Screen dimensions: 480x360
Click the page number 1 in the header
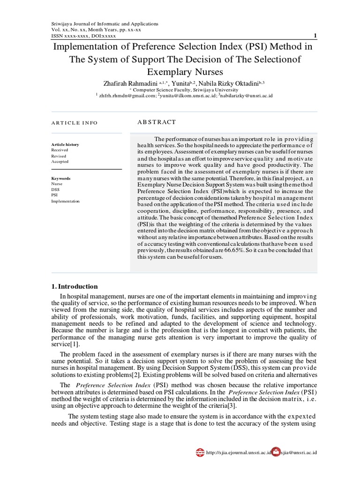pyautogui.click(x=315, y=36)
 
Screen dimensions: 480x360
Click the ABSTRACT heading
pyautogui.click(x=157, y=122)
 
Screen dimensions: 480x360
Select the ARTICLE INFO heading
pyautogui.click(x=74, y=123)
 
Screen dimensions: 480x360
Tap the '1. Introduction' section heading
pyautogui.click(x=75, y=286)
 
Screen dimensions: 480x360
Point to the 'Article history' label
pyautogui.click(x=65, y=144)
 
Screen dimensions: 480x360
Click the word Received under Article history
pyautogui.click(x=60, y=150)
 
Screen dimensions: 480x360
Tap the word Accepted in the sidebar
pyautogui.click(x=60, y=161)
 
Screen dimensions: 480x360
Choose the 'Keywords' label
pyautogui.click(x=60, y=179)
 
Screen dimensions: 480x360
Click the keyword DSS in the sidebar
pyautogui.click(x=55, y=190)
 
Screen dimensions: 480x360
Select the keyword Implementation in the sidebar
pyautogui.click(x=65, y=201)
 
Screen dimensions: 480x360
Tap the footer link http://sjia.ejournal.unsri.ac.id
pyautogui.click(x=239, y=453)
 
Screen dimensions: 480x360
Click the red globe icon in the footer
pyautogui.click(x=200, y=452)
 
